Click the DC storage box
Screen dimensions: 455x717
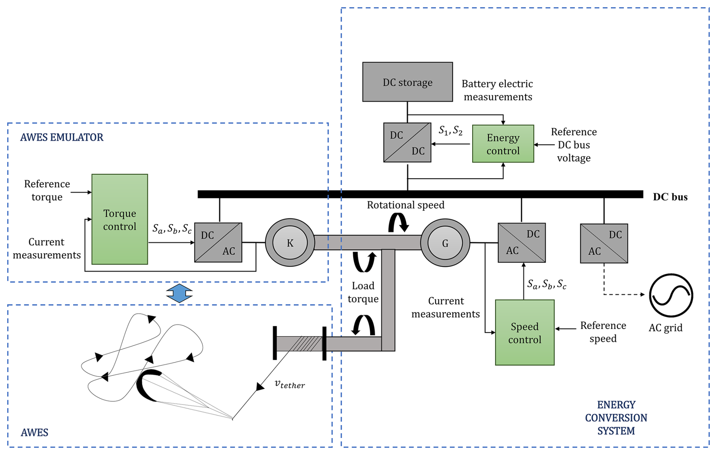[x=407, y=82]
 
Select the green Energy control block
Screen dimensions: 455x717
[x=503, y=144]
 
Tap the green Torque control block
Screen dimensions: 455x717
[x=119, y=219]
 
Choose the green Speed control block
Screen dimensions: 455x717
[x=524, y=332]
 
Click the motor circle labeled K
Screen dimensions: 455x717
[x=290, y=243]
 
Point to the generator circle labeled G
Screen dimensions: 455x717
[x=445, y=243]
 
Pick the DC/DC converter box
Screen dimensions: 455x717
[x=407, y=143]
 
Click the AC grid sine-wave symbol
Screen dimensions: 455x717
[x=671, y=295]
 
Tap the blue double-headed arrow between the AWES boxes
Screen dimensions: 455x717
[x=179, y=293]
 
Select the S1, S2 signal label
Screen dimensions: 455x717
[x=450, y=131]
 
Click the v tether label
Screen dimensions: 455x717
[x=290, y=384]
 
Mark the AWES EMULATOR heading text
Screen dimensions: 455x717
[x=61, y=137]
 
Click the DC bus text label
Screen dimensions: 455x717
[x=670, y=197]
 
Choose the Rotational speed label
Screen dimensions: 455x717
[x=405, y=205]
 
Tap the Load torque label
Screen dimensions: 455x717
[x=363, y=292]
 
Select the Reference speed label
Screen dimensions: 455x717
[x=603, y=332]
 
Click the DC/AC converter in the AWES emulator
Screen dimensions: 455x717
[x=218, y=243]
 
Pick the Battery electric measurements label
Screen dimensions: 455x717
[x=497, y=90]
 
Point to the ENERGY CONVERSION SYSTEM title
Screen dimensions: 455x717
[x=616, y=418]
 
